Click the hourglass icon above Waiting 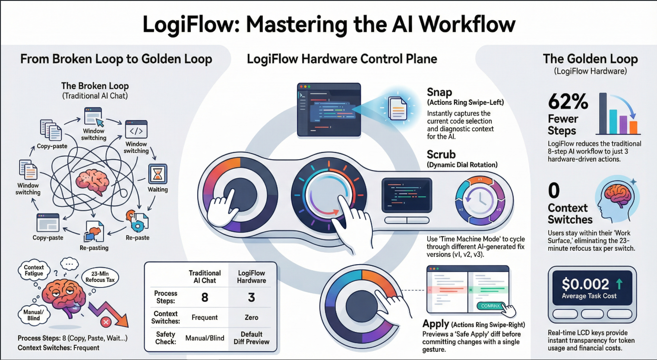(158, 174)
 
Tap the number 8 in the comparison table (205, 297)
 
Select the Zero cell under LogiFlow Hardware (251, 317)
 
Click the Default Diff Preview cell (251, 338)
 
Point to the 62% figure (568, 102)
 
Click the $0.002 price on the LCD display (585, 284)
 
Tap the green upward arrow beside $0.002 (619, 284)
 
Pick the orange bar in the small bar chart (633, 127)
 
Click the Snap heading (439, 92)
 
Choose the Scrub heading (441, 155)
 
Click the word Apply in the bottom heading (436, 324)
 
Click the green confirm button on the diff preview (490, 306)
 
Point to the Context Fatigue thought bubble (34, 270)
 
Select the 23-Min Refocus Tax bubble (100, 277)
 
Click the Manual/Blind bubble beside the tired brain (34, 315)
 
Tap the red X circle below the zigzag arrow (106, 322)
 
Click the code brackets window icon (136, 129)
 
